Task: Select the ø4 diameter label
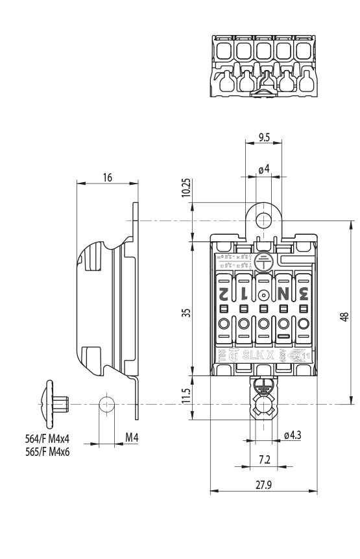tap(263, 170)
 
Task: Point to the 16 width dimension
tap(108, 178)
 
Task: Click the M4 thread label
tap(132, 438)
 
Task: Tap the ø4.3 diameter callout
tap(292, 436)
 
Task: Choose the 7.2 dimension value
tap(264, 459)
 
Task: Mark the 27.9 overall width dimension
tap(263, 484)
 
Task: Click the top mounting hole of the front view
tap(263, 220)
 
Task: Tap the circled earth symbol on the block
tap(263, 262)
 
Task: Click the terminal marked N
tap(283, 293)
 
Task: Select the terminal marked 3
tap(304, 293)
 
